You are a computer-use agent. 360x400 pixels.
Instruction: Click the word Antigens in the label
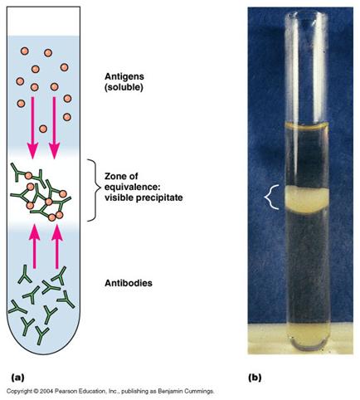coord(124,76)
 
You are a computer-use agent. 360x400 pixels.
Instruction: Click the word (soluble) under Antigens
coord(124,88)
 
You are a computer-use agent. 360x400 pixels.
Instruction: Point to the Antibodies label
coord(129,283)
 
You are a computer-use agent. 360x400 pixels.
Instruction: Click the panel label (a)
coord(17,378)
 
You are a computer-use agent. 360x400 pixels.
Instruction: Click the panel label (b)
coord(255,378)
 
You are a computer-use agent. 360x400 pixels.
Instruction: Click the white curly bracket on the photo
coord(271,197)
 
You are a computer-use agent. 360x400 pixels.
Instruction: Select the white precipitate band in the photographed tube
coord(306,200)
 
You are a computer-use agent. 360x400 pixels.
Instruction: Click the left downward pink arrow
coord(32,128)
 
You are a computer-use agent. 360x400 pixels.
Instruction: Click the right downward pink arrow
coord(54,128)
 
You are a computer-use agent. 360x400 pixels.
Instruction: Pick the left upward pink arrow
coord(35,246)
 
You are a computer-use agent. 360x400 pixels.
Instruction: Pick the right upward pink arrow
coord(57,246)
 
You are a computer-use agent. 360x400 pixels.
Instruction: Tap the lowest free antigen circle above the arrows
coord(43,129)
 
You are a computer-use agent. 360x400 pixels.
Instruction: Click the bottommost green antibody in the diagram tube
coord(41,335)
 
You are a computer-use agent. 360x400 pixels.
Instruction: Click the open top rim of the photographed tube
coord(306,13)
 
